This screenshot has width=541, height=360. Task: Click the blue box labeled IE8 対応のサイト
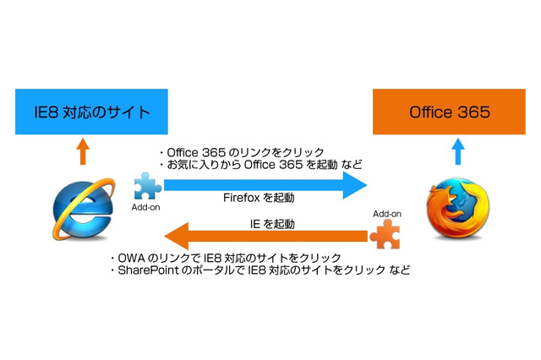(82, 112)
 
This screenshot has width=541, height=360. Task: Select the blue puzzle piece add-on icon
(145, 185)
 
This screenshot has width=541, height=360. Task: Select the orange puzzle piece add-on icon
(385, 235)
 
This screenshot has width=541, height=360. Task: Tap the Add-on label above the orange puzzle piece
(385, 215)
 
